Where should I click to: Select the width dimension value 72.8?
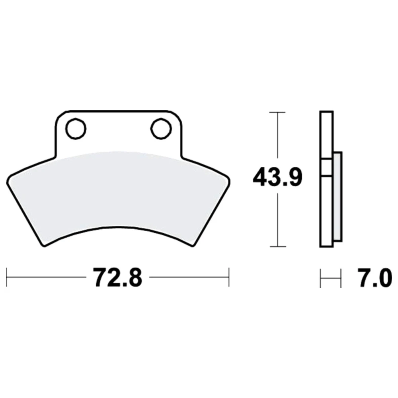pos(118,277)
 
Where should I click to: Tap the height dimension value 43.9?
pos(277,177)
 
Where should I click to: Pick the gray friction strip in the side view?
pos(338,197)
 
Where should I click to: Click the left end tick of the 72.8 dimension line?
pos(6,277)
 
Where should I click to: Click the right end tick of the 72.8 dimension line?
pos(229,277)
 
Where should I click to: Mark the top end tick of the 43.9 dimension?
pos(277,112)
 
